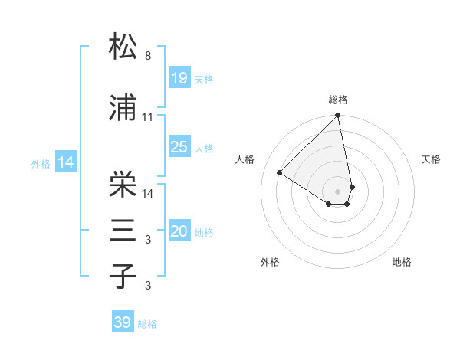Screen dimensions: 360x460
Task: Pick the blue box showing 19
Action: pos(179,77)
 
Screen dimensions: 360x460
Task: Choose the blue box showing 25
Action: pos(179,147)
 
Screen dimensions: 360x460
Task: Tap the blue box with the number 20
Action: pos(179,231)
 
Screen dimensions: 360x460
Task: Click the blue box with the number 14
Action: pos(66,162)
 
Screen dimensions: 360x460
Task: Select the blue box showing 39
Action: pos(123,322)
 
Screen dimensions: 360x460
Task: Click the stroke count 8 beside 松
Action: pos(148,56)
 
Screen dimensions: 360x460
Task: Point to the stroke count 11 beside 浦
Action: pos(148,117)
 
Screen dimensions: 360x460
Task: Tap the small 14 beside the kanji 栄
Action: pos(149,194)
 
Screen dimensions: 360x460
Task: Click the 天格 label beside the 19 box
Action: pos(204,79)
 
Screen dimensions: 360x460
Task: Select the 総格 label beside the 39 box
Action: pos(148,324)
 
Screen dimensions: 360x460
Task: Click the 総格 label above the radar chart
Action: pos(338,100)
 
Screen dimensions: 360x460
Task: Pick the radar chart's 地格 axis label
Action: pos(402,262)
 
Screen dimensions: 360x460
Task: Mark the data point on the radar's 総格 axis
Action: pos(338,116)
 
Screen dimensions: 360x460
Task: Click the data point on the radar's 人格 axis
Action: pos(280,172)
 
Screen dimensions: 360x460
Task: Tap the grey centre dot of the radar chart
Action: pos(338,191)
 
